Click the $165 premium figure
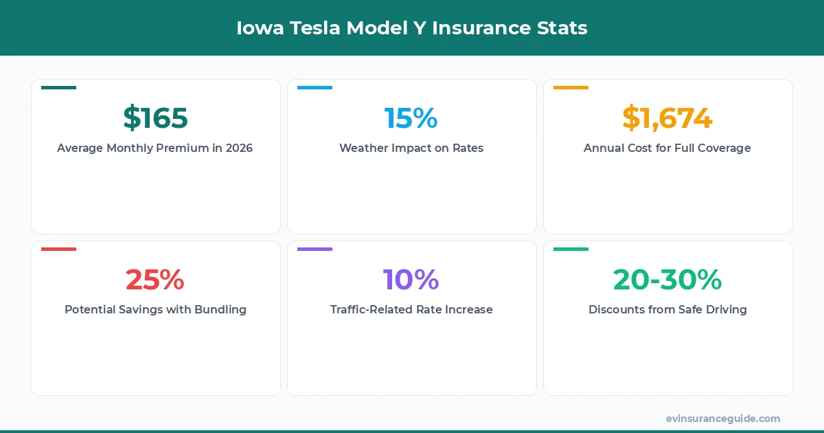coord(155,118)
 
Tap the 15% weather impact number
coord(411,118)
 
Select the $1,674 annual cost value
coord(667,118)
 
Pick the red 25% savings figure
coord(155,280)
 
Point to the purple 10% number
coord(411,280)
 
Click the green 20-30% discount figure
coord(667,280)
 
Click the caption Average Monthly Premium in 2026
coord(155,148)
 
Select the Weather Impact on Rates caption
coord(411,148)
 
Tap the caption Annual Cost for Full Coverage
coord(667,148)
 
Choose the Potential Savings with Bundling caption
coord(155,310)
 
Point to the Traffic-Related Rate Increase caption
coord(411,310)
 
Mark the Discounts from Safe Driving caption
coord(667,310)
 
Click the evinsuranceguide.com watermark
coord(722,419)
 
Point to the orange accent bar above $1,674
coord(571,88)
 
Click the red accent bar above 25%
coord(58,249)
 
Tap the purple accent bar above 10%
coord(314,249)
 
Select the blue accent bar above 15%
coord(314,88)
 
